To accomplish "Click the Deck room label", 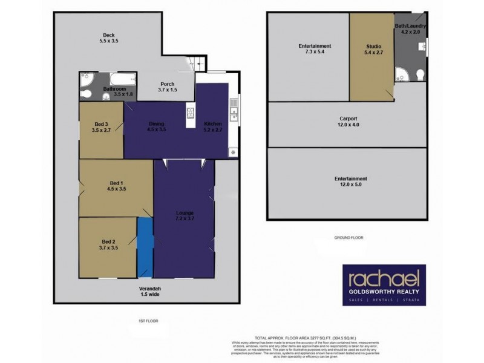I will click(109, 38).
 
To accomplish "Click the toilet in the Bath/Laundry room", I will click(420, 74).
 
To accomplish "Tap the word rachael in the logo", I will click(384, 280).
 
